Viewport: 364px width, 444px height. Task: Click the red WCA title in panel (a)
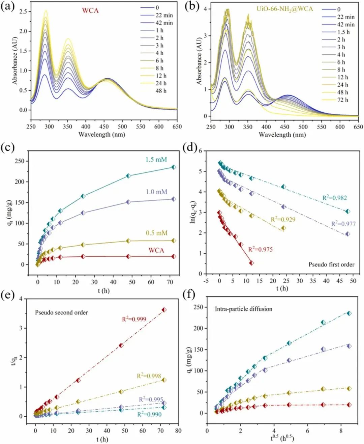90,10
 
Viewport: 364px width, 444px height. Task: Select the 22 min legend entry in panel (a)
164,15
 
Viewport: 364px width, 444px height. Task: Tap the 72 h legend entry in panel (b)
342,100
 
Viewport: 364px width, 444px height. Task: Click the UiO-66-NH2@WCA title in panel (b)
285,9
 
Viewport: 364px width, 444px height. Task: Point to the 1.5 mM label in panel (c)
156,160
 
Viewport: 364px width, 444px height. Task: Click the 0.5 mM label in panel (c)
156,233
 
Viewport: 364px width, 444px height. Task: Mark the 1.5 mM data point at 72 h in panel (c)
174,167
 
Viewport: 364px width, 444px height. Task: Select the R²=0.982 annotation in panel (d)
334,198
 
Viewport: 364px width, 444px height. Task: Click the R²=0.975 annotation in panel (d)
260,250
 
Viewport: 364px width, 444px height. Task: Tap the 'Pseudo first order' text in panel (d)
331,265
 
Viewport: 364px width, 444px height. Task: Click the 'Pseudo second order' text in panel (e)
61,312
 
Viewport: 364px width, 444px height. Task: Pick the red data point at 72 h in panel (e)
164,310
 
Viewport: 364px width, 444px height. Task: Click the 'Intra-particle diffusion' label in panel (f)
244,309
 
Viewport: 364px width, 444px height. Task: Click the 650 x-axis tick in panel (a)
177,127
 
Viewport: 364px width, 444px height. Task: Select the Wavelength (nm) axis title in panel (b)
282,135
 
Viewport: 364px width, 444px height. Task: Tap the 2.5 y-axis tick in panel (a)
23,11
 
